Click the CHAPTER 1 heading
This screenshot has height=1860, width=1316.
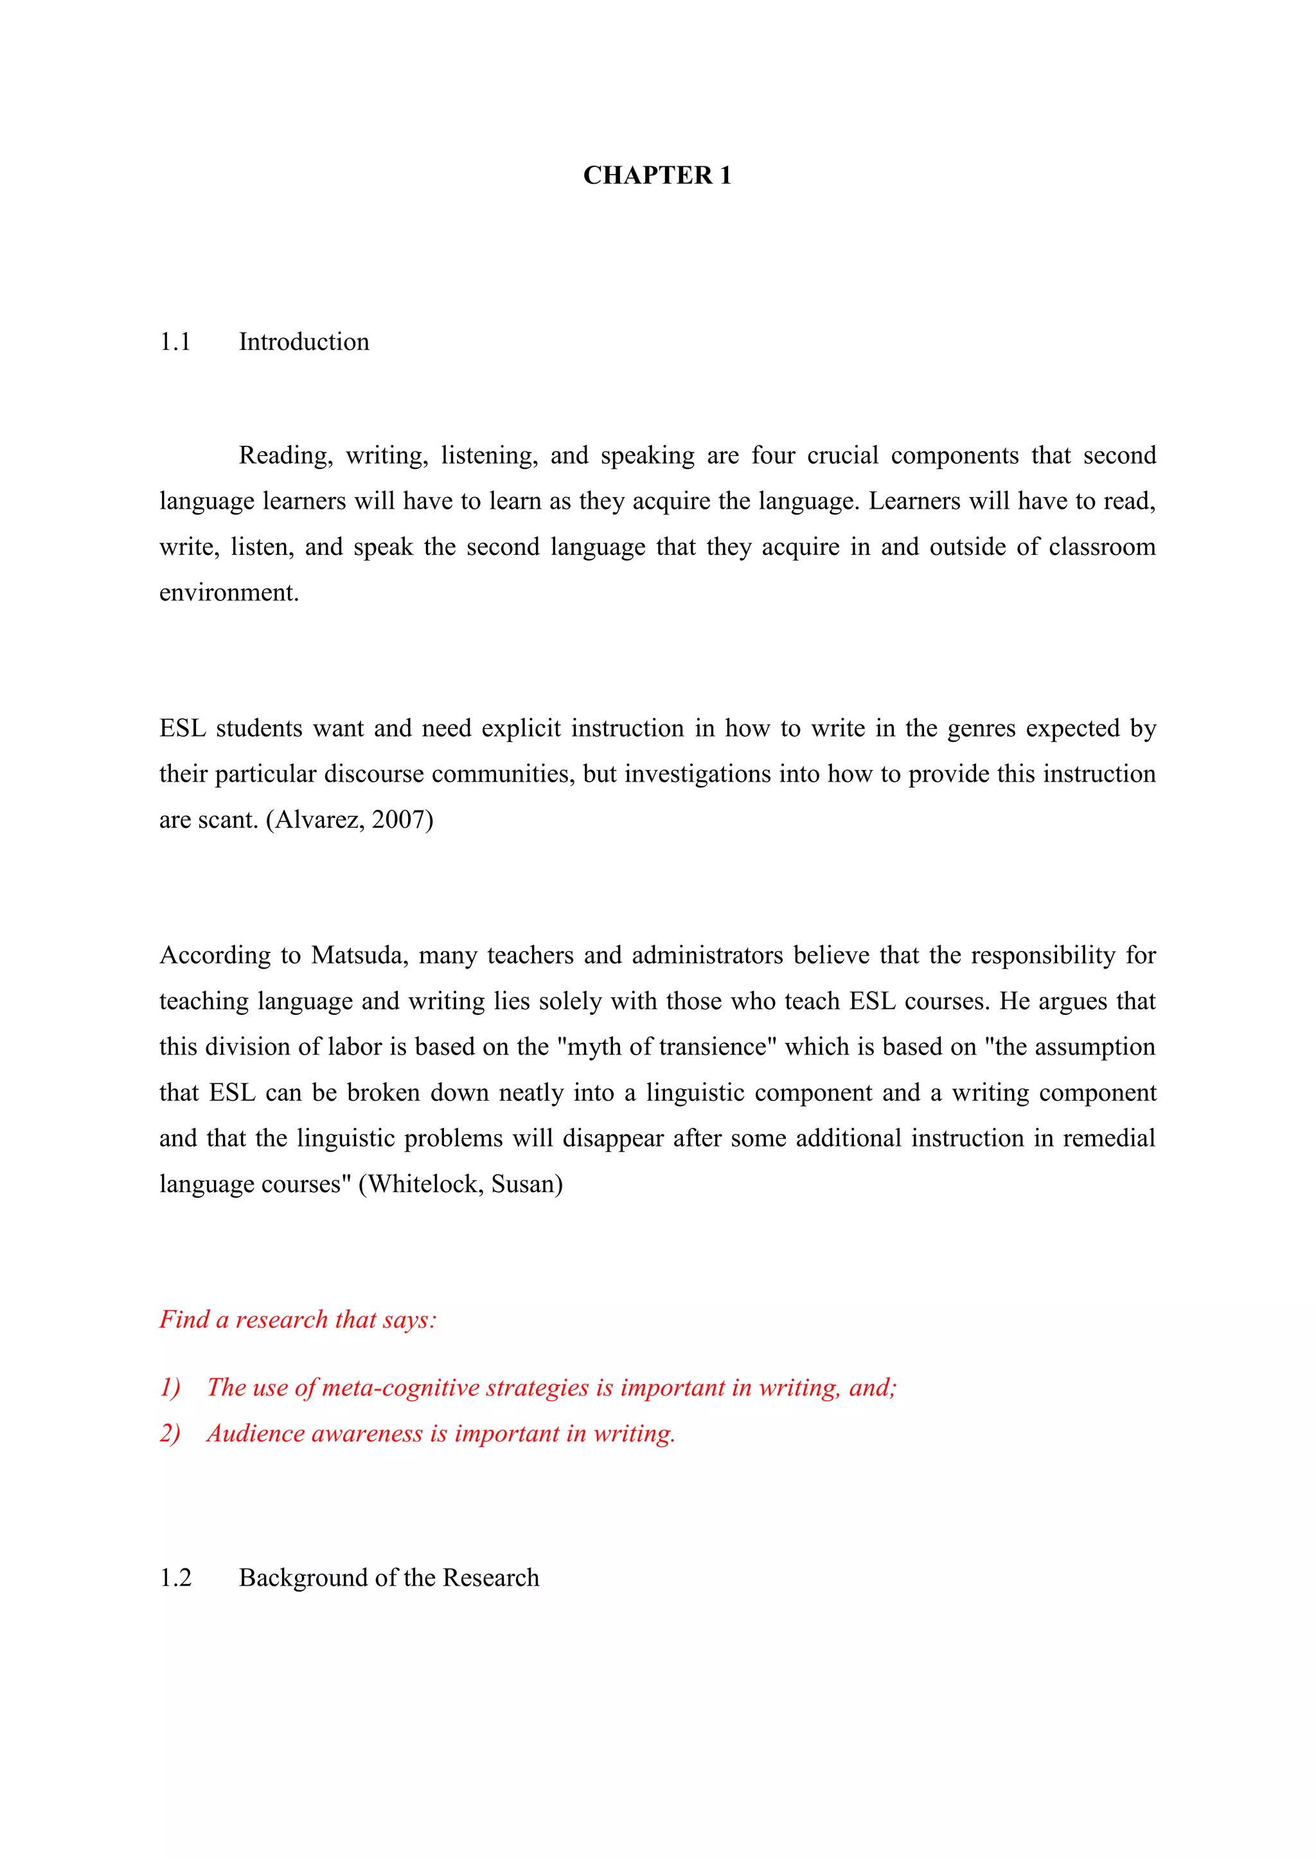click(x=657, y=176)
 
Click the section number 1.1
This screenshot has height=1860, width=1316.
click(x=175, y=342)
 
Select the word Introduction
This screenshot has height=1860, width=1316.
click(x=304, y=342)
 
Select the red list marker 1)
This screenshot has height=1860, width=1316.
click(x=170, y=1388)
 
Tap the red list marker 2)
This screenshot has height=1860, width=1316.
click(x=170, y=1434)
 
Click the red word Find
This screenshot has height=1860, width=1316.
click(x=184, y=1320)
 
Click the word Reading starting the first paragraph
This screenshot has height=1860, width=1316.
click(x=285, y=456)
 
